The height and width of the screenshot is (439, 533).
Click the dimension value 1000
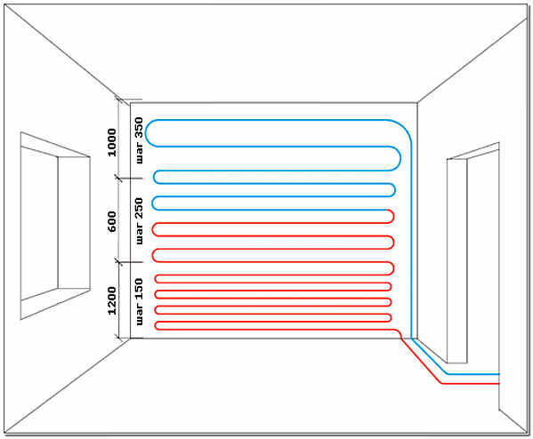pyautogui.click(x=112, y=142)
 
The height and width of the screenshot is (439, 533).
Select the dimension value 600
pyautogui.click(x=112, y=221)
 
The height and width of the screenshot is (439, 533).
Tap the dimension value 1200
pyautogui.click(x=112, y=300)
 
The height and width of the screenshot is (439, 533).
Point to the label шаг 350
pyautogui.click(x=139, y=140)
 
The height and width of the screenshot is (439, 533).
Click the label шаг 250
pyautogui.click(x=139, y=221)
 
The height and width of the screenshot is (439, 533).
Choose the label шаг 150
pyautogui.click(x=139, y=302)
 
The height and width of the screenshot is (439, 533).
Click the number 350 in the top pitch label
pyautogui.click(x=139, y=128)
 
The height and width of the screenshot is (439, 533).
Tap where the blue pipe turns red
pyautogui.click(x=388, y=210)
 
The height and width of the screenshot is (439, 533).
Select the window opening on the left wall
pyautogui.click(x=55, y=226)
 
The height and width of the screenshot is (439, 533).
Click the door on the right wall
pyautogui.click(x=472, y=253)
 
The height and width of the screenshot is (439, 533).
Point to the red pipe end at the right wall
pyautogui.click(x=498, y=384)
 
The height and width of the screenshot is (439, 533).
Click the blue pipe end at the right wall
pyautogui.click(x=498, y=374)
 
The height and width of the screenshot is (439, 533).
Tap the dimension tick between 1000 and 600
pyautogui.click(x=118, y=178)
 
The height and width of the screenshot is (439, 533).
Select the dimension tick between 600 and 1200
pyautogui.click(x=118, y=262)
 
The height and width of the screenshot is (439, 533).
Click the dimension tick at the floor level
pyautogui.click(x=118, y=338)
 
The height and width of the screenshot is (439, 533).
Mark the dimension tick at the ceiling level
pyautogui.click(x=118, y=100)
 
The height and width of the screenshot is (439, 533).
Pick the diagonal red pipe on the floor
pyautogui.click(x=422, y=361)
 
